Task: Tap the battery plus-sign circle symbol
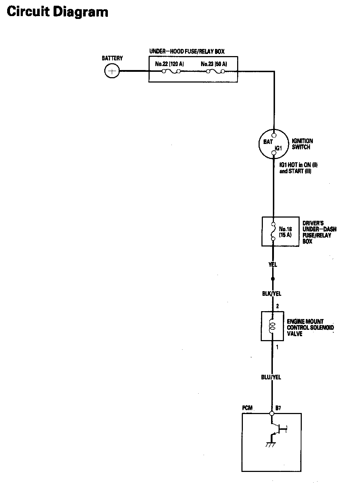coord(112,71)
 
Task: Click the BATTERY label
coord(112,58)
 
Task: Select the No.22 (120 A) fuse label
coord(169,64)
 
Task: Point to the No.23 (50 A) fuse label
coord(214,64)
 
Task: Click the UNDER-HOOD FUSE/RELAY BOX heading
coord(187,51)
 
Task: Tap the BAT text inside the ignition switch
coord(268,142)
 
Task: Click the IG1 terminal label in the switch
coord(279,148)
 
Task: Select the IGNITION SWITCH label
coord(302,144)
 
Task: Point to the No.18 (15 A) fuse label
coord(285,232)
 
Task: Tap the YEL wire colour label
coord(272,265)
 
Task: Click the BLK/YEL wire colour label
coord(271,294)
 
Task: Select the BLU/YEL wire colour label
coord(271,377)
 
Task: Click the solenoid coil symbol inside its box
coord(272,326)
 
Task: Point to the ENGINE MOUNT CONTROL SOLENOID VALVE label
coord(310,327)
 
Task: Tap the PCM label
coord(247,408)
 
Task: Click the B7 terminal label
coord(278,407)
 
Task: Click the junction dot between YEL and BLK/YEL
coord(273,278)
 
